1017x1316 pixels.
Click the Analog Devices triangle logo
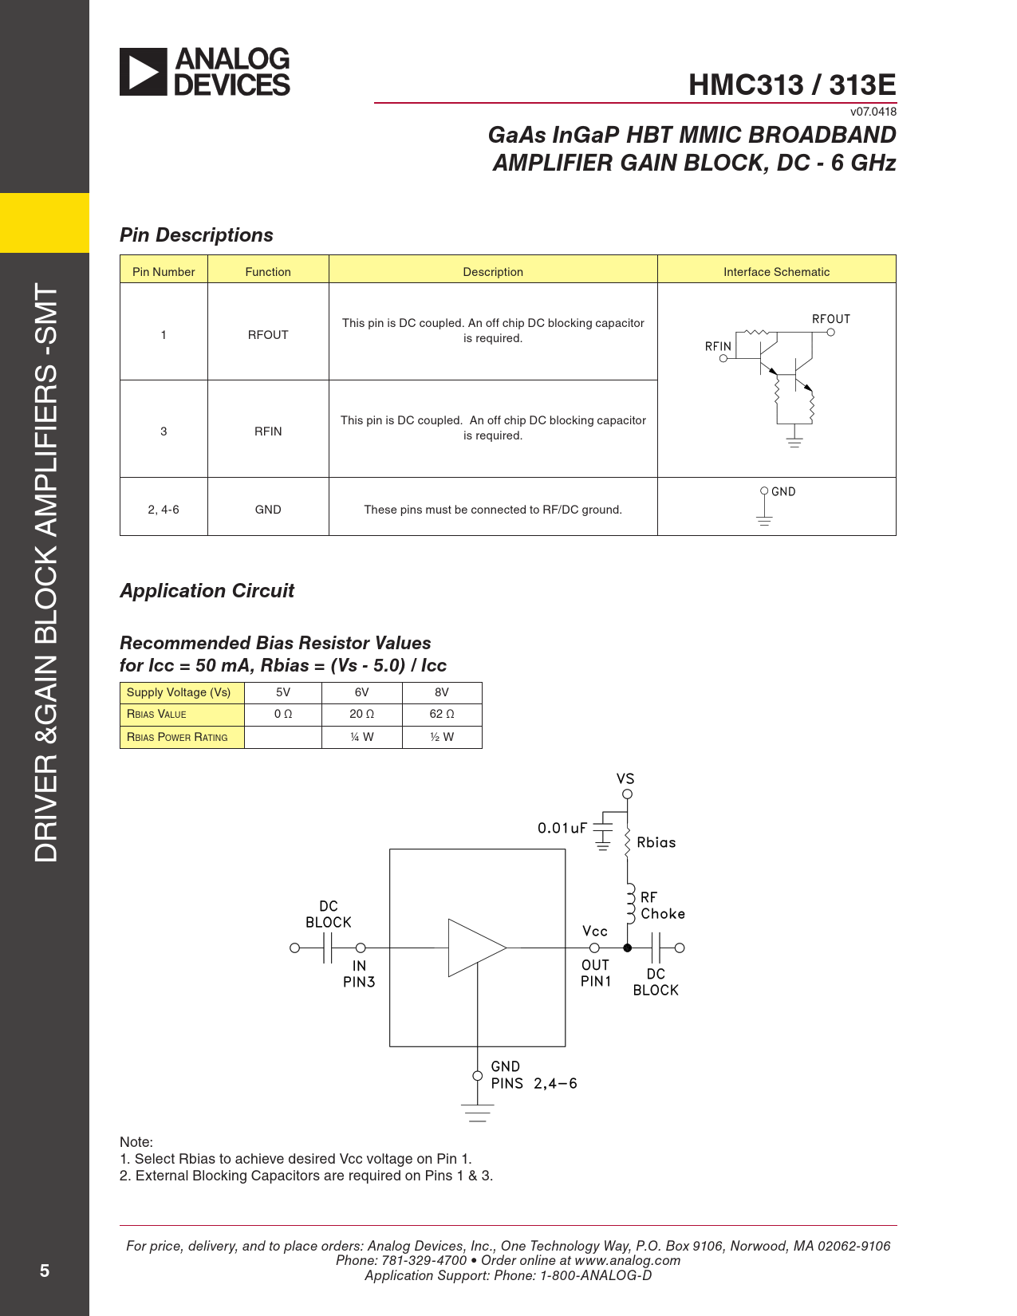[x=144, y=72]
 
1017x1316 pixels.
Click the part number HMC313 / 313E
[x=791, y=85]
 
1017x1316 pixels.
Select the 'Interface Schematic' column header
[x=776, y=271]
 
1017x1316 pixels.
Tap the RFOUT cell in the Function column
[x=268, y=335]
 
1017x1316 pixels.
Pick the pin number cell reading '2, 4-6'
[x=164, y=510]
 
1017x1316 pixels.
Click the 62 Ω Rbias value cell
[x=441, y=714]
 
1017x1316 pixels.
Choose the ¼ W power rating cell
[x=361, y=737]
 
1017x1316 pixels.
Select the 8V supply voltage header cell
[x=441, y=692]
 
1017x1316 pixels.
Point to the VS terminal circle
[x=628, y=794]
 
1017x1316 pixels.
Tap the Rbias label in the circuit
[x=656, y=843]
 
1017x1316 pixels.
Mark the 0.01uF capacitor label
[x=562, y=829]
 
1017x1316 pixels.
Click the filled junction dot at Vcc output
[x=628, y=948]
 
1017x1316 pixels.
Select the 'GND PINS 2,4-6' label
[x=533, y=1075]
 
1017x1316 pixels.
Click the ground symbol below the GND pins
[x=478, y=1113]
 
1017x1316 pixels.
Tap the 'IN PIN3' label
[x=359, y=974]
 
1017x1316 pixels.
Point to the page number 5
[x=45, y=1271]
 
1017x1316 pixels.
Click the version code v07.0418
[x=873, y=112]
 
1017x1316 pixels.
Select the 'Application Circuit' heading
[x=207, y=591]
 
